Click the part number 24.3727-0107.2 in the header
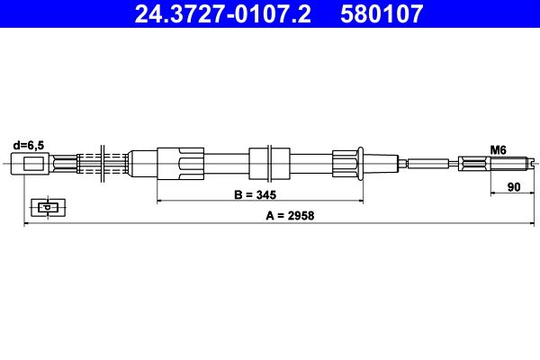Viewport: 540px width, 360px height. (222, 13)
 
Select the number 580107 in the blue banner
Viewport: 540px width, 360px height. (382, 13)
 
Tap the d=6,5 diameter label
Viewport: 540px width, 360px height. (29, 146)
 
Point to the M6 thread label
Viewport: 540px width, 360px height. (498, 150)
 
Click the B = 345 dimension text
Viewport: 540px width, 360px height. (256, 194)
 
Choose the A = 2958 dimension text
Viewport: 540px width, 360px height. (290, 216)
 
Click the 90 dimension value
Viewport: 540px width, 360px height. (514, 187)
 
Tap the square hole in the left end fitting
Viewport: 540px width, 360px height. (33, 163)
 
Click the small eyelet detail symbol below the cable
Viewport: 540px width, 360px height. (48, 207)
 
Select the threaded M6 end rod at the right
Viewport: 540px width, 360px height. (510, 163)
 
